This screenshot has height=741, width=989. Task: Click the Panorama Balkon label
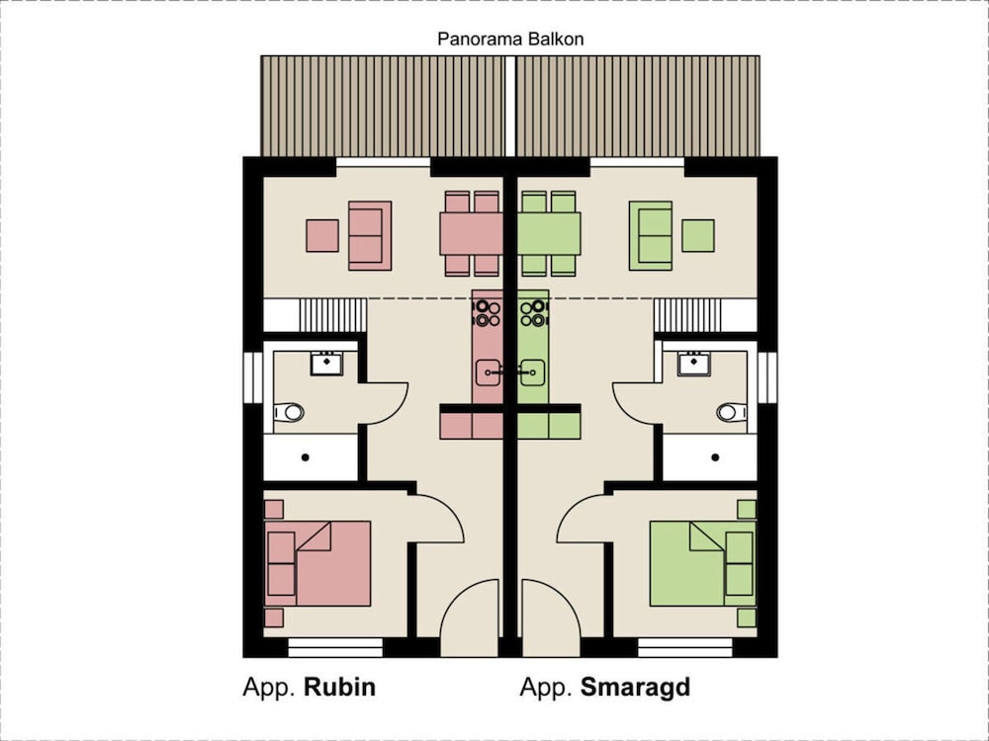[x=509, y=40]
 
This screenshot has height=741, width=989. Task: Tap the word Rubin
[x=339, y=688]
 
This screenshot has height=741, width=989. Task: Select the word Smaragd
[x=635, y=688]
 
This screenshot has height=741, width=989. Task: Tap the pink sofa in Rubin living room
[x=369, y=235]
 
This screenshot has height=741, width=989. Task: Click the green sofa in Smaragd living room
[x=653, y=235]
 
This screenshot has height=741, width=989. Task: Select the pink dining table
[x=472, y=235]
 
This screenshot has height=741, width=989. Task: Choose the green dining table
[x=549, y=235]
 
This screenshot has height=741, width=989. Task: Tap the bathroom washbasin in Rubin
[x=326, y=364]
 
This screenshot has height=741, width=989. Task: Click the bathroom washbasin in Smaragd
[x=693, y=364]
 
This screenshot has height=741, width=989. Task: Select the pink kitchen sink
[x=489, y=372]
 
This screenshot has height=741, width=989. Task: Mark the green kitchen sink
[x=532, y=372]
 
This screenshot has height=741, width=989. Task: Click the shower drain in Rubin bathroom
[x=305, y=457]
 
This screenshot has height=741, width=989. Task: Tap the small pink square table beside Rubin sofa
[x=322, y=235]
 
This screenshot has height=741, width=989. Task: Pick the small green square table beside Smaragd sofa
[x=698, y=235]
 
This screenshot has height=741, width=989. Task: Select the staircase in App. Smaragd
[x=687, y=316]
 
